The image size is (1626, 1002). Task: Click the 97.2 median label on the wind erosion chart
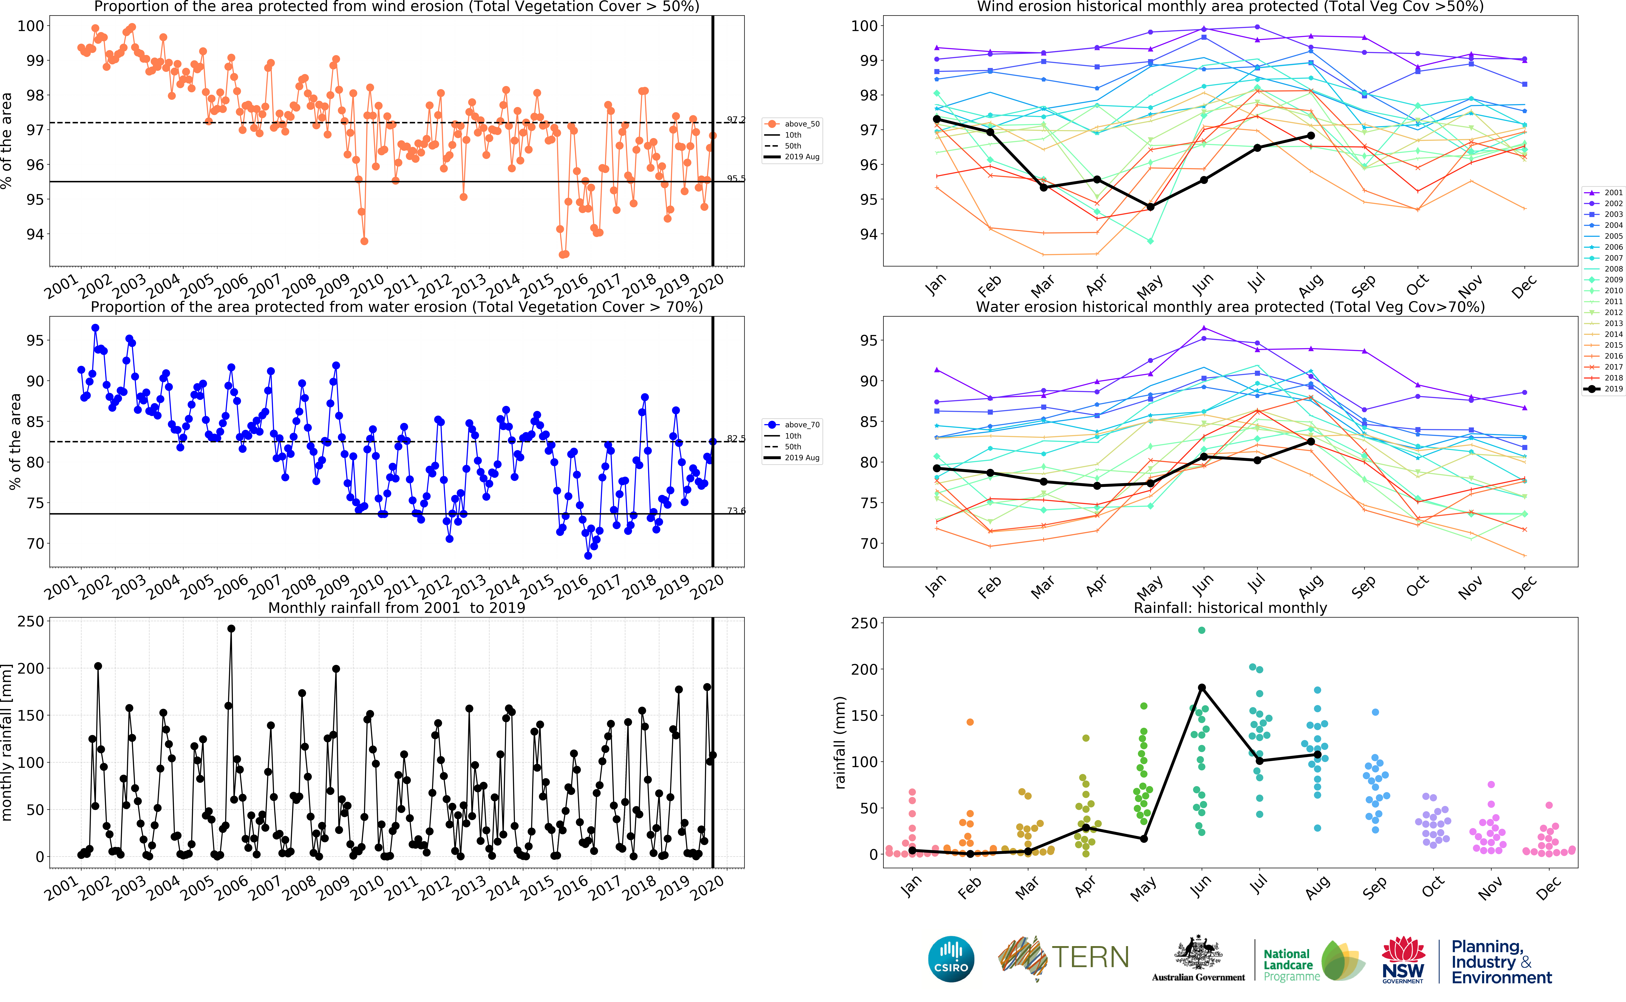click(x=736, y=120)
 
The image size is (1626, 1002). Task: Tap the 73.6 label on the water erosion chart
click(x=736, y=511)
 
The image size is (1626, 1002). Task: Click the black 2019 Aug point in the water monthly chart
click(x=1311, y=441)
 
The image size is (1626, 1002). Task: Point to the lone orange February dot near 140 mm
click(x=970, y=722)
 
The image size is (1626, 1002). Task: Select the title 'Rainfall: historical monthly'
click(x=1230, y=608)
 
